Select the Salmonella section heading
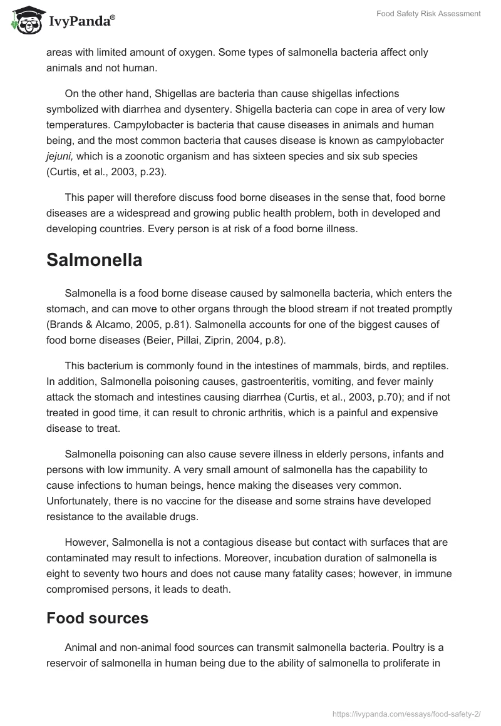point(94,260)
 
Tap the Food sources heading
point(97,618)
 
